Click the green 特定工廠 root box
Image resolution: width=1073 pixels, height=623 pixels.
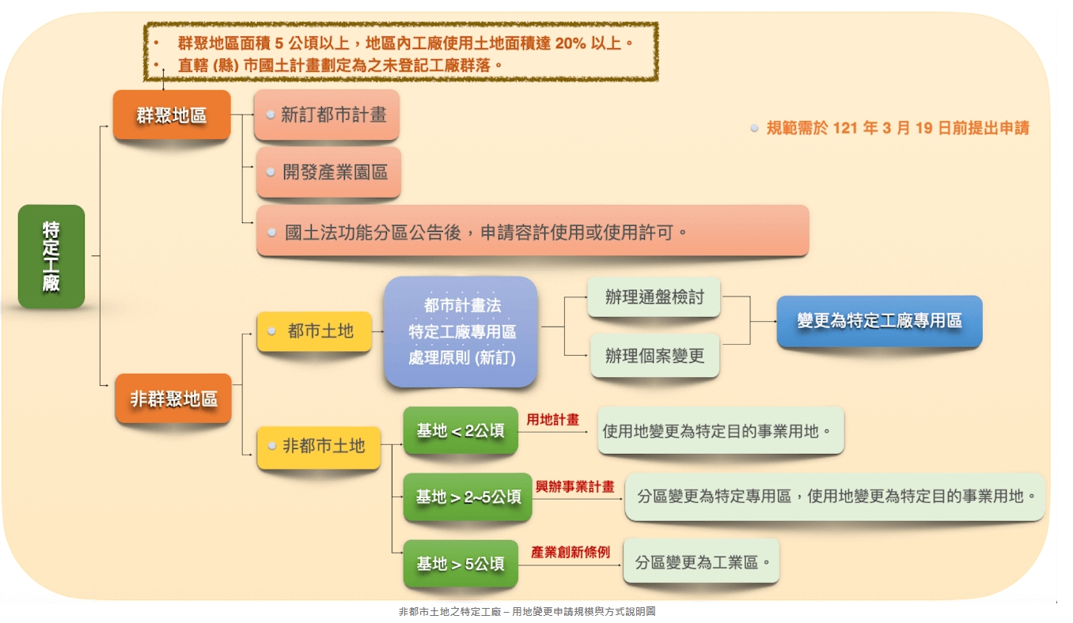point(51,256)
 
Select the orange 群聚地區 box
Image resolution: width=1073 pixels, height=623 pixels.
point(172,115)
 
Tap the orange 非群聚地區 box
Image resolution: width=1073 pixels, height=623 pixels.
point(174,399)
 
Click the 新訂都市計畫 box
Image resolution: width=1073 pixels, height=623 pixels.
point(327,115)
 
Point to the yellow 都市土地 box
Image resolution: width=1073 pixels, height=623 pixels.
point(314,331)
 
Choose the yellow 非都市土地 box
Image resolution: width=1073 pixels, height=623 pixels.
point(319,447)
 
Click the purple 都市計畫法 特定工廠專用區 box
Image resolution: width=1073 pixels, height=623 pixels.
point(461,331)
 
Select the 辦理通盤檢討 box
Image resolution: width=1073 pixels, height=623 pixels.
point(654,297)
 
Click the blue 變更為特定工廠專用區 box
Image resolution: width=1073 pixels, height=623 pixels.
point(879,321)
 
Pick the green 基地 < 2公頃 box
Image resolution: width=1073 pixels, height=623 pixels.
point(461,432)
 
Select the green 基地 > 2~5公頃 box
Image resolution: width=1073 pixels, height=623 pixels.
point(468,497)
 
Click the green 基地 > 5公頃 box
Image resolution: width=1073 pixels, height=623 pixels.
point(461,564)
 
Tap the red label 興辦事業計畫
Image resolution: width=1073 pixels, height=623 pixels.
point(574,487)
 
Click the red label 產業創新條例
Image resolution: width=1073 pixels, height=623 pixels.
point(570,553)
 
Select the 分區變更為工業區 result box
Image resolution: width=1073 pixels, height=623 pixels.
point(701,563)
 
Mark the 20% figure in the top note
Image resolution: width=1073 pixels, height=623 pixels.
point(571,43)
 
